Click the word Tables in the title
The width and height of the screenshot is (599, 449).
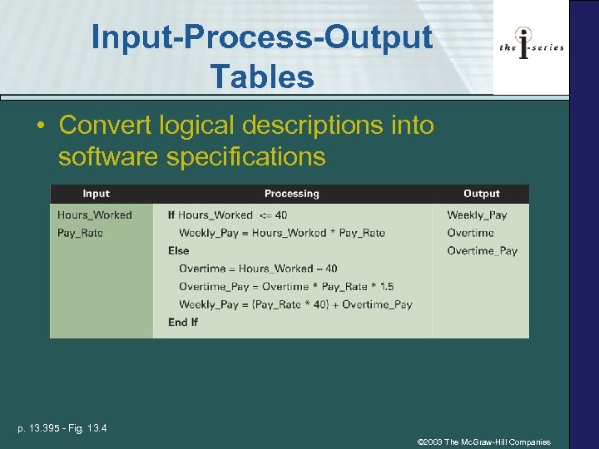pyautogui.click(x=262, y=77)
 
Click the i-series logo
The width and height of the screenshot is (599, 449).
pyautogui.click(x=532, y=47)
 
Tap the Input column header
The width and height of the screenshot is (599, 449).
pyautogui.click(x=97, y=194)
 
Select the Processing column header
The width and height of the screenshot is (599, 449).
pyautogui.click(x=291, y=194)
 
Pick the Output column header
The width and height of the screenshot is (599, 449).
pyautogui.click(x=481, y=194)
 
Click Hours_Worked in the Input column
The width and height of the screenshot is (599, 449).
pyautogui.click(x=94, y=215)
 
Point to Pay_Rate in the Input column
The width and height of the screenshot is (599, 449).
pyautogui.click(x=80, y=233)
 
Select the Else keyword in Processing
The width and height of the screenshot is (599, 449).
pyautogui.click(x=178, y=250)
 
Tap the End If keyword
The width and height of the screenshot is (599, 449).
pyautogui.click(x=183, y=322)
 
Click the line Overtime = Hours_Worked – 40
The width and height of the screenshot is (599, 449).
pyautogui.click(x=258, y=269)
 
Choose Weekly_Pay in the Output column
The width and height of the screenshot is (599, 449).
pyautogui.click(x=477, y=215)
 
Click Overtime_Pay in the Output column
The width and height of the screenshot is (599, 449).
pyautogui.click(x=482, y=250)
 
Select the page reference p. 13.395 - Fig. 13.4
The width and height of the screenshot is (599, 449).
pyautogui.click(x=62, y=428)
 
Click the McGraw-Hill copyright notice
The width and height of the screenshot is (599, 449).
pyautogui.click(x=483, y=442)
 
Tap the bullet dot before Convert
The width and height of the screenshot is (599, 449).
pyautogui.click(x=40, y=126)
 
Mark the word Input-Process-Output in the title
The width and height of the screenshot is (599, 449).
pyautogui.click(x=262, y=37)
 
